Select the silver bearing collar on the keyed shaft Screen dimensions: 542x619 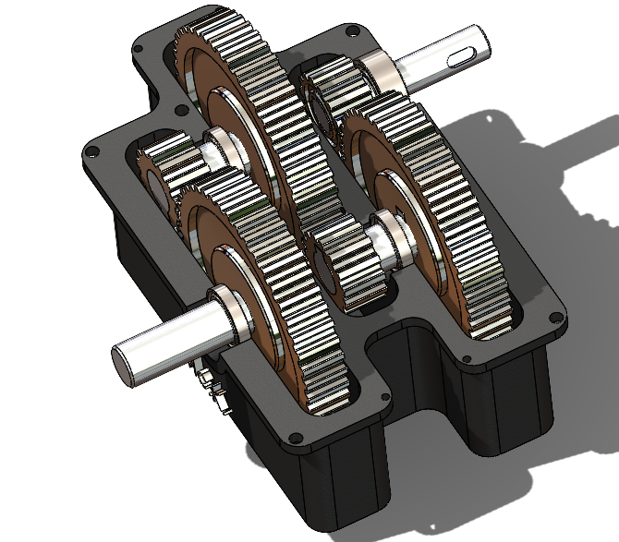381,72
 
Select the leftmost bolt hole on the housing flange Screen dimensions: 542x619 93,151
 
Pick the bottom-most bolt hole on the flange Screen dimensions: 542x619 296,437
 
